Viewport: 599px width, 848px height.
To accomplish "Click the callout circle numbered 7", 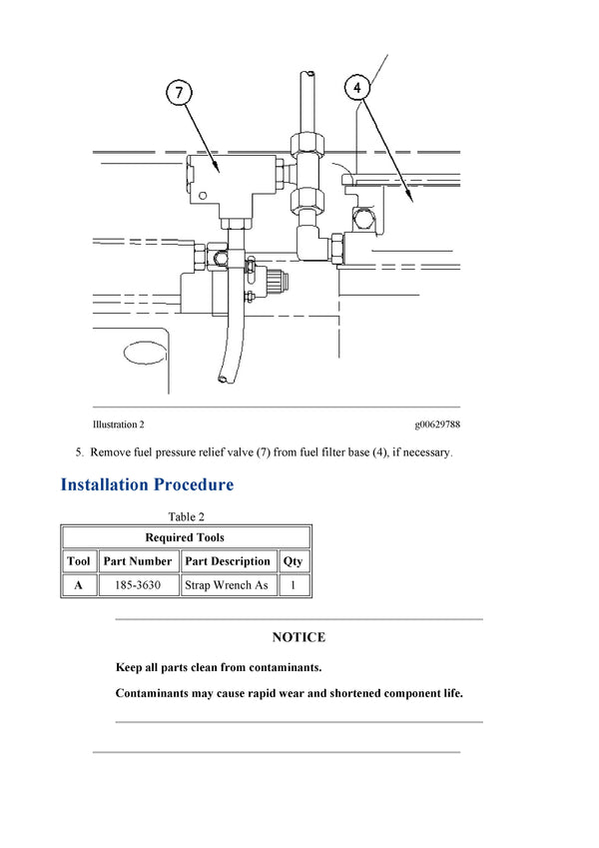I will (179, 93).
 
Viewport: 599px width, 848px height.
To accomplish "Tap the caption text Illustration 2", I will (118, 424).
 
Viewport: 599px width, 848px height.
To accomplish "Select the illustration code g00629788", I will (437, 424).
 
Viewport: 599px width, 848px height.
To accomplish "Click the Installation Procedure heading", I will (147, 485).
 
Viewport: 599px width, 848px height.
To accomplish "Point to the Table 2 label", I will (186, 516).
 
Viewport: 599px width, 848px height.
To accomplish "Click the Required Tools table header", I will (186, 537).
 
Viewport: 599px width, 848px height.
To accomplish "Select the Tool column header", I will (78, 561).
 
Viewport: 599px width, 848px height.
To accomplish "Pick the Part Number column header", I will (138, 561).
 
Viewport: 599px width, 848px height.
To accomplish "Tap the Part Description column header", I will (228, 561).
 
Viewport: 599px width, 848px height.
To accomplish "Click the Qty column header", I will (293, 561).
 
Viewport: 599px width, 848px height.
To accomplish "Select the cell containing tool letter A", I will (78, 585).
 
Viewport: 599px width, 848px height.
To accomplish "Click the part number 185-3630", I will (138, 585).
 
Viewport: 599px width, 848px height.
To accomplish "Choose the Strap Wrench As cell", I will (228, 585).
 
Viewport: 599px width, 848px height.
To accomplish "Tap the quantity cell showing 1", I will (293, 585).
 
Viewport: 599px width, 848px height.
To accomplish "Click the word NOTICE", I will (299, 637).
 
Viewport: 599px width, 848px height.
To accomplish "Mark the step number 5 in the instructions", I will (79, 452).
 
